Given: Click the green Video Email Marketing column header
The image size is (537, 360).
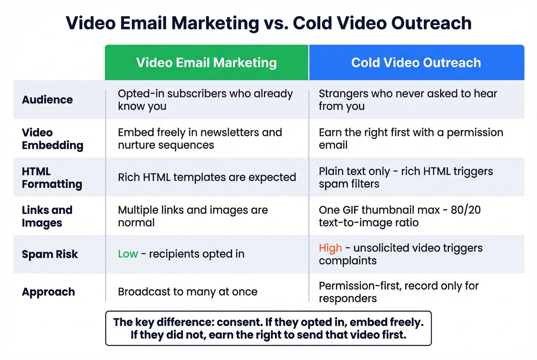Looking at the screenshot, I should (x=206, y=62).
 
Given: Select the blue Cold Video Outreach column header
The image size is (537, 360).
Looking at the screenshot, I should (x=416, y=62).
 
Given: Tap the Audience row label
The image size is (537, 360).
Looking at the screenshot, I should (x=47, y=100).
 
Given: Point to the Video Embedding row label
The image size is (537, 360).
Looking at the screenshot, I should (x=52, y=139).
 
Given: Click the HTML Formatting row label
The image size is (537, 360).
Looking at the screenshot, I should (x=52, y=178).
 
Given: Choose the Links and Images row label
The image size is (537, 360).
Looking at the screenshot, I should (x=47, y=216).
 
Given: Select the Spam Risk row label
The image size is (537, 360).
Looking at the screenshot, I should (x=50, y=254).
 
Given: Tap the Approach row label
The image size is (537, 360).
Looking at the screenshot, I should (x=48, y=292).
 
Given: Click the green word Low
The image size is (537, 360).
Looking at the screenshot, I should (x=128, y=254).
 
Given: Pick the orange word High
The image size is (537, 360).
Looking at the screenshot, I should (x=330, y=248).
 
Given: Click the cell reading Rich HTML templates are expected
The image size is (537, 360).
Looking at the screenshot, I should (x=207, y=177).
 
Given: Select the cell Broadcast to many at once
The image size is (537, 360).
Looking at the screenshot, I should (x=188, y=292).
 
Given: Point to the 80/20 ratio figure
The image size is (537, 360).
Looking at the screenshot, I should (x=466, y=210).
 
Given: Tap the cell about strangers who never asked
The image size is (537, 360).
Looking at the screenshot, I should (x=407, y=100).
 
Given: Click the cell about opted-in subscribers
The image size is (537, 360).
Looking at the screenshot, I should (x=205, y=100).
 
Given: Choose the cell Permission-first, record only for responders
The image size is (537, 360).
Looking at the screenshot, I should (x=399, y=292).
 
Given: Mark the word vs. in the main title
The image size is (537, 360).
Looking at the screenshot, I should (x=276, y=23).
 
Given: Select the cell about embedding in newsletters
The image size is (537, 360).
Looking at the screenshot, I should (x=200, y=139).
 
